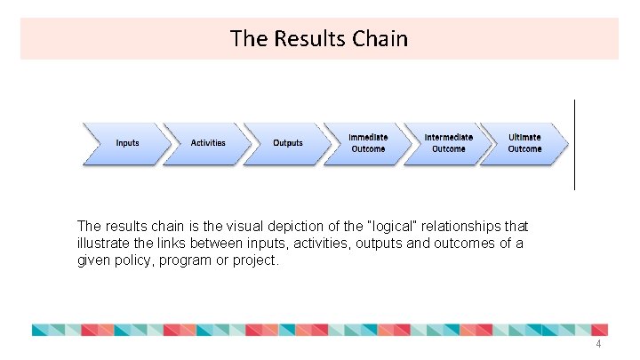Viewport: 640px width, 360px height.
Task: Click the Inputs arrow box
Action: point(127,143)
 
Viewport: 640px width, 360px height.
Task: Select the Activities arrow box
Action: point(208,143)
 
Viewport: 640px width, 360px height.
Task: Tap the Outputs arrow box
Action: point(288,143)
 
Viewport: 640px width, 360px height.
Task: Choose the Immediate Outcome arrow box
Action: point(368,143)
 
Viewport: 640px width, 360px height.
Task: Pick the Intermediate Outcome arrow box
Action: point(448,143)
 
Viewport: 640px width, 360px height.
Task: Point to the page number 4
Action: point(598,345)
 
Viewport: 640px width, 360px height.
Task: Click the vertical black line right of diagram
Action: point(575,144)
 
